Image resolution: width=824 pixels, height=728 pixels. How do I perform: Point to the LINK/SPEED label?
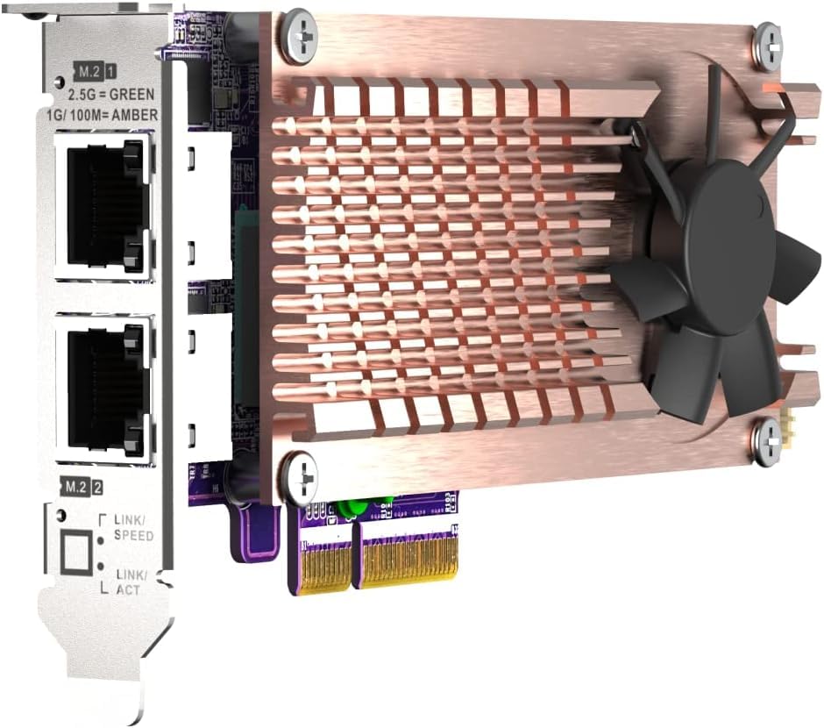pyautogui.click(x=134, y=528)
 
